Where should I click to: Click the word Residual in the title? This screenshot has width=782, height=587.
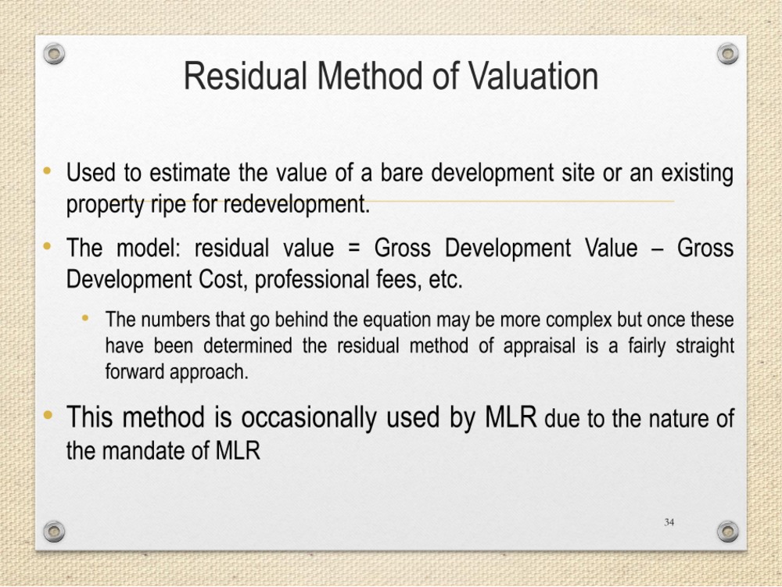pos(245,76)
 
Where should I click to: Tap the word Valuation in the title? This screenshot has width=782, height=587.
pos(533,76)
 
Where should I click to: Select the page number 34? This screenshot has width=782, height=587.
pos(669,522)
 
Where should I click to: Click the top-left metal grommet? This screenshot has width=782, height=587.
pos(54,53)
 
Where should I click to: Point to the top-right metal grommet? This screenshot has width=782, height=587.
pos(727,53)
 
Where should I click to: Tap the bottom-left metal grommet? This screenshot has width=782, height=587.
pos(54,532)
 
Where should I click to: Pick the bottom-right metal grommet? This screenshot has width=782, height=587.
pos(727,532)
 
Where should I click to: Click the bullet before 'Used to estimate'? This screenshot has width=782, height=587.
pos(48,171)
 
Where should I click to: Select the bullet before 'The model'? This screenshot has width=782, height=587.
pos(48,245)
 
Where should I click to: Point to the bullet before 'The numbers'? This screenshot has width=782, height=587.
pos(85,317)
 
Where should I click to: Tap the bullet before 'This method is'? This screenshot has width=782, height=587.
pos(48,414)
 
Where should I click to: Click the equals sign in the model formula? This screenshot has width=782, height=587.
pos(353,248)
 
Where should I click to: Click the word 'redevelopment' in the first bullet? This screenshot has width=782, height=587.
pos(296,204)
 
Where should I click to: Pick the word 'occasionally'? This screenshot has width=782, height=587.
pos(309,418)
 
